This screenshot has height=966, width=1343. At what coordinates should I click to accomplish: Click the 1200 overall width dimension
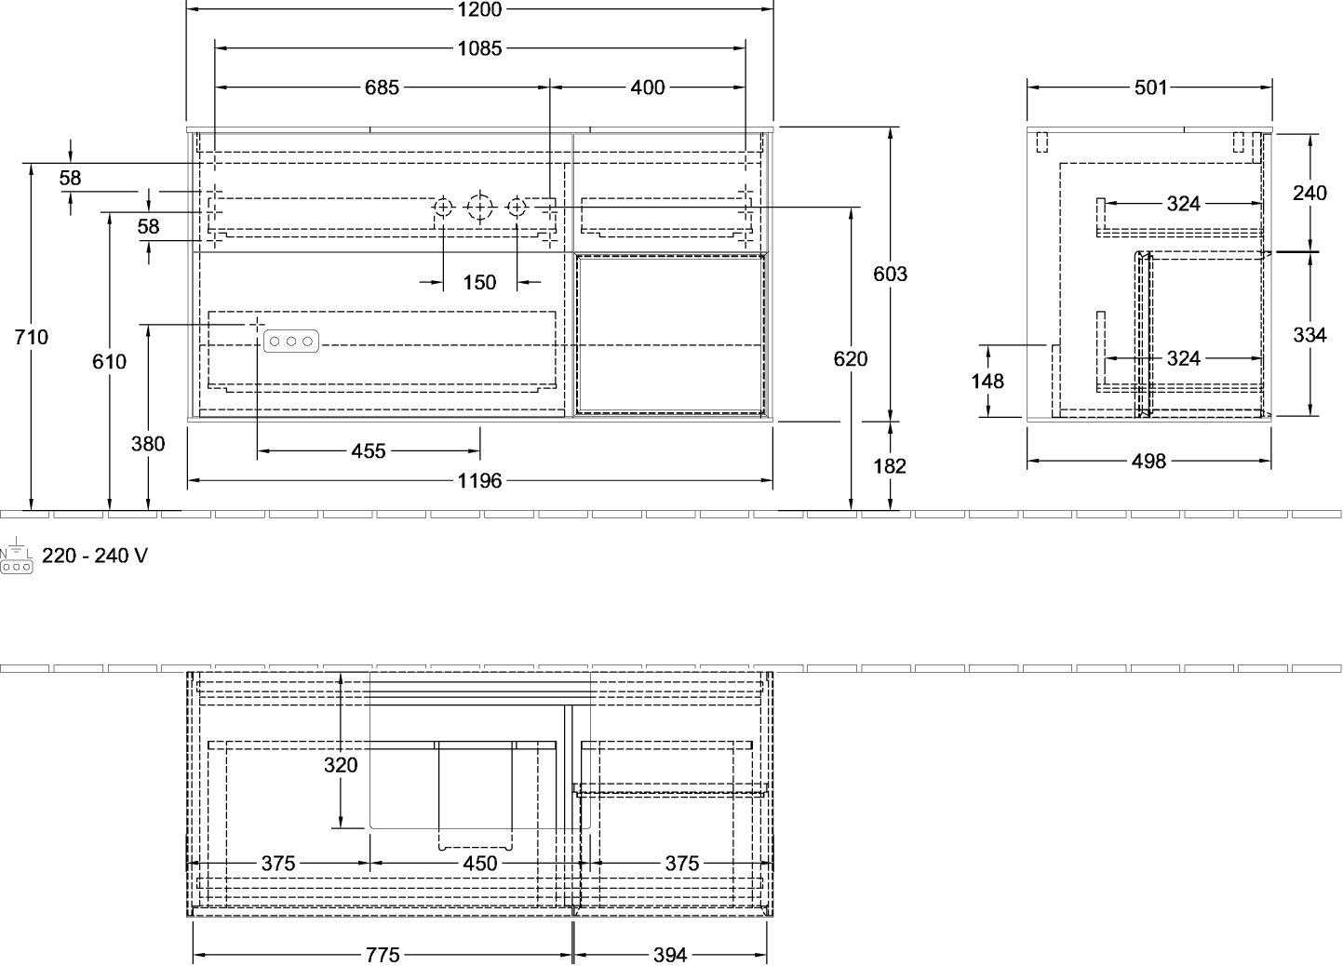coord(479,9)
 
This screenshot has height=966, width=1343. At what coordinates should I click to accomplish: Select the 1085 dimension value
coord(479,48)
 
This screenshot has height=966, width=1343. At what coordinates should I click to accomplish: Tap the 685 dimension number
coord(382,87)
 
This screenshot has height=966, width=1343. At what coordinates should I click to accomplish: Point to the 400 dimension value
coord(648,87)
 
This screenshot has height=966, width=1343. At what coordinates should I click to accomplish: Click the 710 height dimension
coord(31,337)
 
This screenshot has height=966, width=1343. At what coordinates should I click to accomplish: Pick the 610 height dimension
coord(109,362)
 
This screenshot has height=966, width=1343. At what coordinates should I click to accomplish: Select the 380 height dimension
coord(148,444)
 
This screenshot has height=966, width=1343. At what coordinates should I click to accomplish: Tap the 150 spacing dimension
coord(479,282)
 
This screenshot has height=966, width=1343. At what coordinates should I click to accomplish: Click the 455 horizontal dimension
coord(369,451)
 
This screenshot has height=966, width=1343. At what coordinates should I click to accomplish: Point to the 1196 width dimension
coord(479,480)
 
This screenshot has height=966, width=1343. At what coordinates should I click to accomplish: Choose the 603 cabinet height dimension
coord(891,274)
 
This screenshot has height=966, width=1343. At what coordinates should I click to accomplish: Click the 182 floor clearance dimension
coord(890,466)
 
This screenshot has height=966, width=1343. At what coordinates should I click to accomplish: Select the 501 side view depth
coord(1151,87)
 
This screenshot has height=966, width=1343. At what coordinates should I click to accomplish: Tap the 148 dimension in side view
coord(987,381)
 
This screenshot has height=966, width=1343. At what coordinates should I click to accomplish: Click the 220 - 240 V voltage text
coord(95,556)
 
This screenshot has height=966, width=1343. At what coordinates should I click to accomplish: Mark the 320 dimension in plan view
coord(341,765)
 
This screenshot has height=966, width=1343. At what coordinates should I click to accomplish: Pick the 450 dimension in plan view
coord(480,864)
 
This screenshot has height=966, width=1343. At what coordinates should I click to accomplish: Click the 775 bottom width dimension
coord(383,955)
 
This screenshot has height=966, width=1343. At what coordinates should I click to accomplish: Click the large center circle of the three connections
coord(479,208)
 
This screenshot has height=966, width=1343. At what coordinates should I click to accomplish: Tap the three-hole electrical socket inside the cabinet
coord(291,342)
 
